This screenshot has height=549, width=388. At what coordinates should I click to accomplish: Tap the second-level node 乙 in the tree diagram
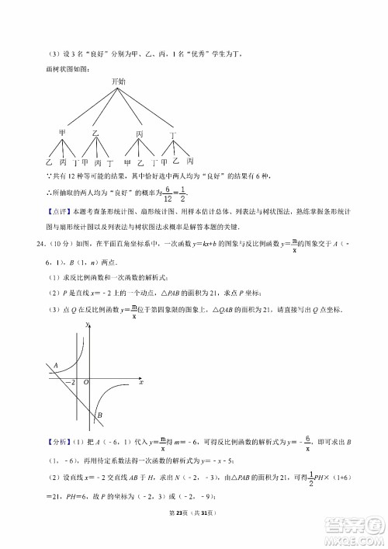96,133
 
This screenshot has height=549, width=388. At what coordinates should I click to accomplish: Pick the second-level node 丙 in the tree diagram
140,134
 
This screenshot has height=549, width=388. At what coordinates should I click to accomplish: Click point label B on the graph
100,415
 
